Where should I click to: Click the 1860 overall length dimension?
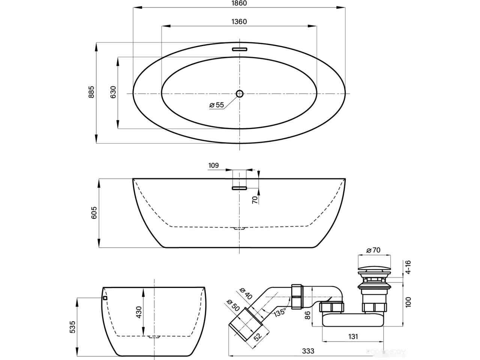click(239, 3)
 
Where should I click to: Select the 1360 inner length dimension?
click(239, 22)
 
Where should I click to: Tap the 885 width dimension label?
click(91, 92)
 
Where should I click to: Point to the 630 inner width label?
click(113, 92)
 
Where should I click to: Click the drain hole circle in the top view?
click(239, 93)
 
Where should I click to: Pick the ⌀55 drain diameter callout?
click(217, 105)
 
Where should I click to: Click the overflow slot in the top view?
click(239, 49)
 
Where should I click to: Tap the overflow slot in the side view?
click(239, 188)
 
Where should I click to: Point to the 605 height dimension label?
click(94, 213)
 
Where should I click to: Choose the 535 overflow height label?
click(73, 327)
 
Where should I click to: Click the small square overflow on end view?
click(105, 298)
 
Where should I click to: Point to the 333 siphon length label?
click(308, 351)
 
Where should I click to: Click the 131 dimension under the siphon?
click(353, 336)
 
